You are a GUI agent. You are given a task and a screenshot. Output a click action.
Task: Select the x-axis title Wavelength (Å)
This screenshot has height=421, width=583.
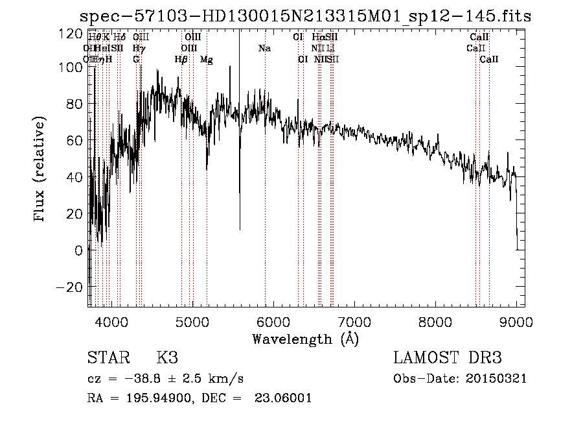(305, 339)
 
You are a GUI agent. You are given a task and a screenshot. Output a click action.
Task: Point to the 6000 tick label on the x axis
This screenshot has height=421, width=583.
(273, 320)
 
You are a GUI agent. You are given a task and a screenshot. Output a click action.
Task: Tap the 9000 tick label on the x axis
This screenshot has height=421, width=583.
(516, 320)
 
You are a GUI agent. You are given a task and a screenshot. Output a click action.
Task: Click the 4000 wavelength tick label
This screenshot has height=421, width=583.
(111, 320)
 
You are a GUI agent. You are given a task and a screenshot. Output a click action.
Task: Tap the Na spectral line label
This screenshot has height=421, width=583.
(264, 48)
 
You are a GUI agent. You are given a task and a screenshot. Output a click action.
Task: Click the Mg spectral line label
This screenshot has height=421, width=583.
(206, 60)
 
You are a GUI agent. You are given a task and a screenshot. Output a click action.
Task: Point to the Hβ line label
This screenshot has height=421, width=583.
(181, 60)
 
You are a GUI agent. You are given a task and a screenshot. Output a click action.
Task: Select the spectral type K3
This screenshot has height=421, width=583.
(166, 358)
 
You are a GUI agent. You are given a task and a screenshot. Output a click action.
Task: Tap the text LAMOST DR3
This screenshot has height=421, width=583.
(448, 358)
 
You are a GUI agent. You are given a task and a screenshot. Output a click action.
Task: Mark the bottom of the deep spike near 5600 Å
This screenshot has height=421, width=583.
(240, 230)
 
